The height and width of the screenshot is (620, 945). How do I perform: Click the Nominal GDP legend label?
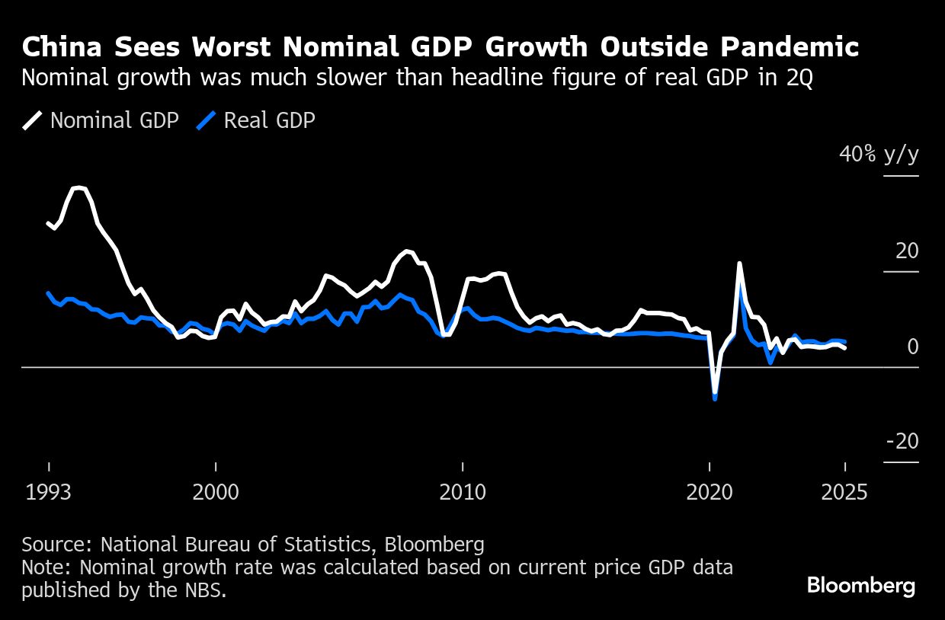[x=114, y=120]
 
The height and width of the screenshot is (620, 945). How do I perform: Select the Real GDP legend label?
[x=269, y=120]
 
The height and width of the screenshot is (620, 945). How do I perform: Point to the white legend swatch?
[x=32, y=120]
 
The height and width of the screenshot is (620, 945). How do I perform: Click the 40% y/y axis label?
[x=879, y=155]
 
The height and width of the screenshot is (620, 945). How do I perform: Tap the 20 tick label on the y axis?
[x=907, y=251]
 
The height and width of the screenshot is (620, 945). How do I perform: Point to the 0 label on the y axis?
[x=913, y=347]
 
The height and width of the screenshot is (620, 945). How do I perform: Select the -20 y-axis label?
[x=902, y=442]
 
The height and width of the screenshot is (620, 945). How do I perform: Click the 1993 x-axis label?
[x=49, y=492]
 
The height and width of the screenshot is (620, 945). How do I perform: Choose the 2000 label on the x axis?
[x=216, y=492]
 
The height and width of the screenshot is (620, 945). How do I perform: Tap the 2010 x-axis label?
[x=463, y=492]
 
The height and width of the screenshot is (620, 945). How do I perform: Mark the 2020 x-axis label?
[x=710, y=492]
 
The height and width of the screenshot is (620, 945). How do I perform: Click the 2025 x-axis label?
[x=844, y=492]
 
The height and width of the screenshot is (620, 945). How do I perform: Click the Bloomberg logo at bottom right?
[x=860, y=586]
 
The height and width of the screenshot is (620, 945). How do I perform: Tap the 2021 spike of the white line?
[x=739, y=264]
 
